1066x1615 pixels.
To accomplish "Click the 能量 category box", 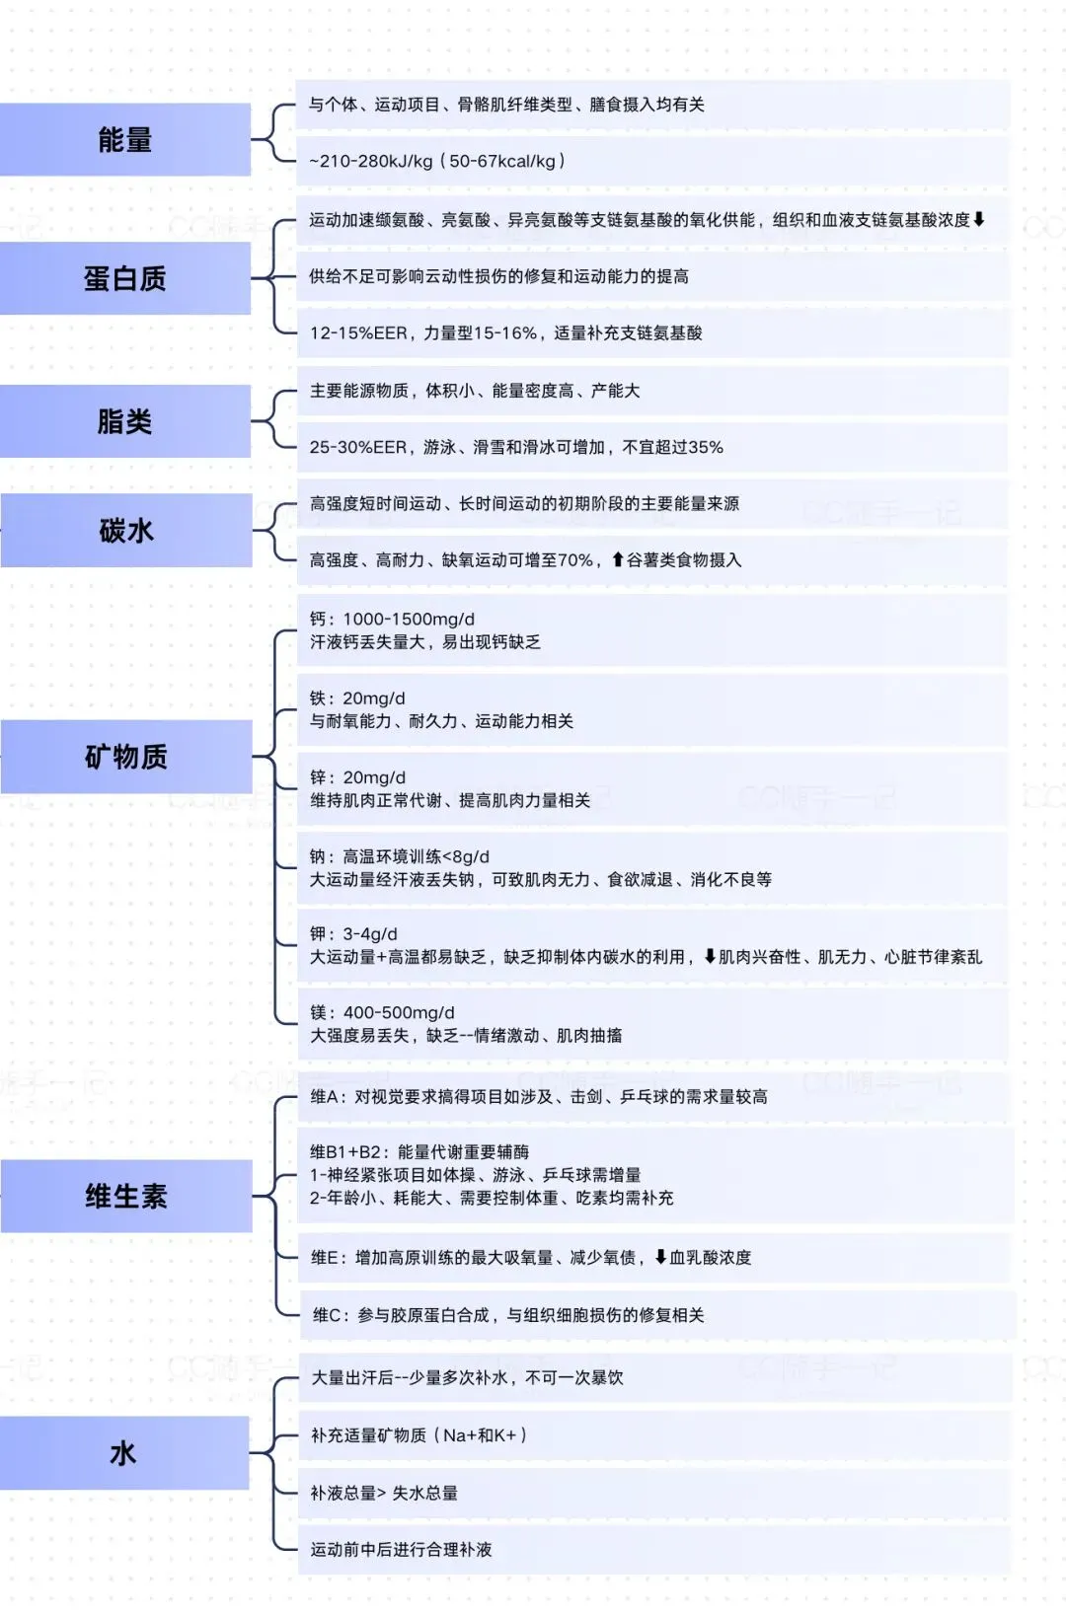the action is (x=125, y=140).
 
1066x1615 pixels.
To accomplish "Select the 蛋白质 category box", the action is (x=125, y=279).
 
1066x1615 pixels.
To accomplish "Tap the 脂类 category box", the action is (x=125, y=422).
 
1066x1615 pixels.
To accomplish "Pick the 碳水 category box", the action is (x=126, y=531).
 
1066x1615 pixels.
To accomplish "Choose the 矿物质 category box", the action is (x=126, y=757).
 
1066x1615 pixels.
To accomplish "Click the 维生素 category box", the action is (x=126, y=1197).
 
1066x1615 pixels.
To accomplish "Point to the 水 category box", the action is (x=124, y=1453).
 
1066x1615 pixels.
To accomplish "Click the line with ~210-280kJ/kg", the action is (x=437, y=161).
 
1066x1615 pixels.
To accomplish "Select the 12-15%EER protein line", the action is (x=505, y=333).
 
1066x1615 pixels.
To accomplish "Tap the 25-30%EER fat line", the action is (x=516, y=448).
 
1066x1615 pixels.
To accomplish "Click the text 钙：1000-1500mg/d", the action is (x=392, y=620).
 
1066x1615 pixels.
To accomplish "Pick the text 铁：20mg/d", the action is (x=357, y=698).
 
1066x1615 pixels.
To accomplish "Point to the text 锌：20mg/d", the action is (x=357, y=777).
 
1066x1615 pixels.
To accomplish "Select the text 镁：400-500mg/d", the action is (x=382, y=1012).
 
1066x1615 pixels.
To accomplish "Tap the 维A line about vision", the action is (x=539, y=1097).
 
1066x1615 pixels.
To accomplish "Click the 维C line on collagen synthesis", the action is (x=508, y=1315).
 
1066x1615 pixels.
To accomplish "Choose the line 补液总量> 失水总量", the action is (x=384, y=1494).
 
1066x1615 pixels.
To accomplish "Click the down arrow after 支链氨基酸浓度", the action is (x=979, y=219).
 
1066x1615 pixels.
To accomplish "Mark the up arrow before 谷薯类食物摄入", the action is (x=618, y=559).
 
